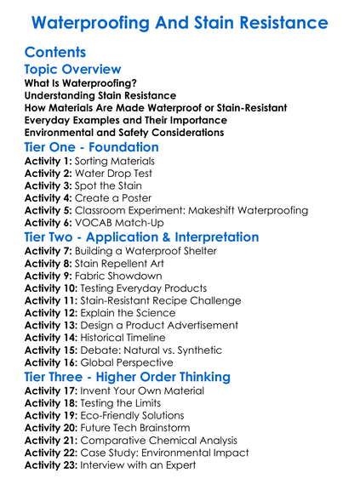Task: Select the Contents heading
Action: [x=55, y=52]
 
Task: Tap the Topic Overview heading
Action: [x=72, y=70]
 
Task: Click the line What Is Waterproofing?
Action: [x=81, y=84]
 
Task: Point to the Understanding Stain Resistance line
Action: [x=100, y=96]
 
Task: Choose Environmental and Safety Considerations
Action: [x=124, y=132]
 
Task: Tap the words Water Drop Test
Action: [x=116, y=174]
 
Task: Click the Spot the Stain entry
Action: [x=109, y=185]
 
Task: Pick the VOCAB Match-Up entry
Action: [x=117, y=222]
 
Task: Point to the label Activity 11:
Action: [x=52, y=300]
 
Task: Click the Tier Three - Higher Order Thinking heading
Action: [x=127, y=377]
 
